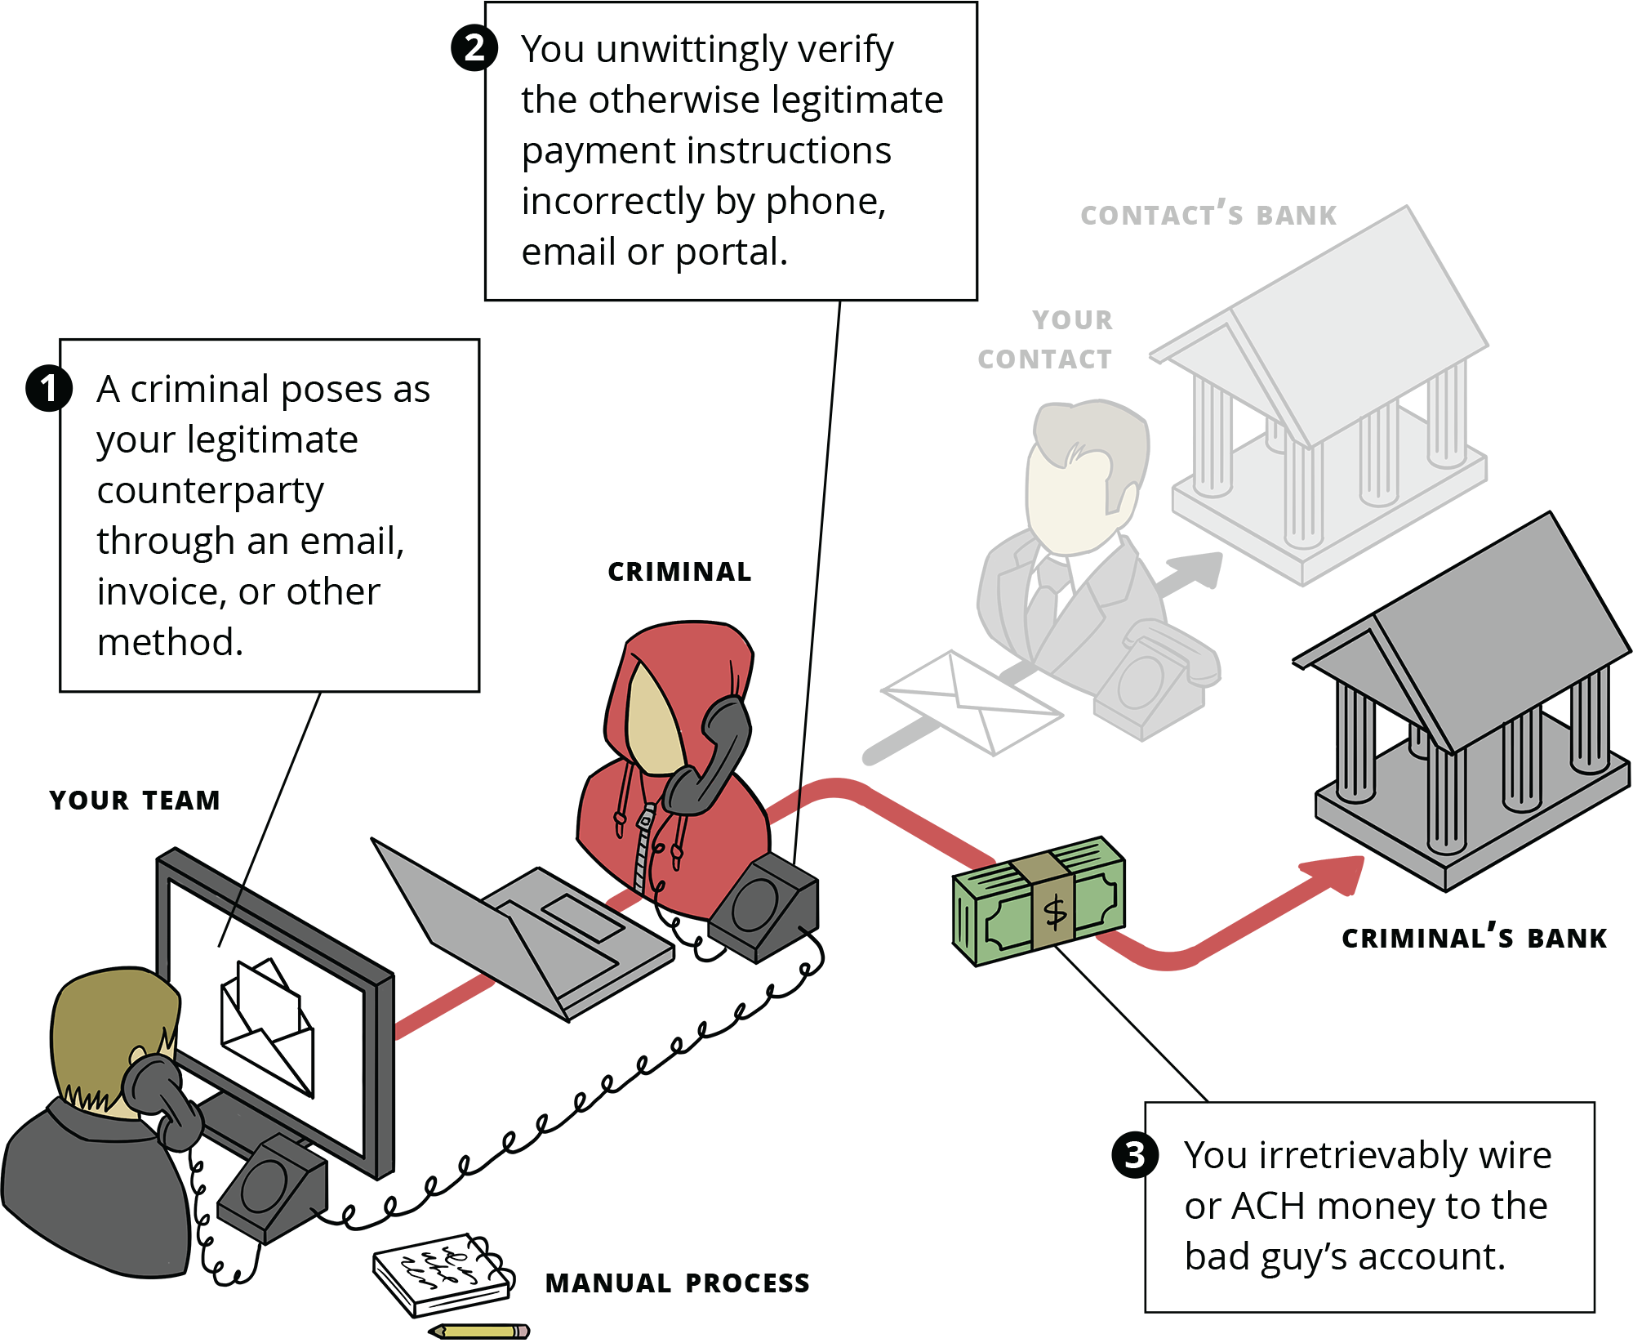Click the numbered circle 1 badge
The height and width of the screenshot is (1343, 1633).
pos(49,388)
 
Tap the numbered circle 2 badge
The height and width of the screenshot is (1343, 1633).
pos(474,47)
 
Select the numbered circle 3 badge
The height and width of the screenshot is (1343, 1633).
pos(1135,1155)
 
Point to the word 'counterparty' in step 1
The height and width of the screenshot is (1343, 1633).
pos(210,491)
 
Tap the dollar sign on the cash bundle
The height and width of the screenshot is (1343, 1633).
pos(1055,912)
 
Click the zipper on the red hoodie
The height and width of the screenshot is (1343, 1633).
pos(645,850)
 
